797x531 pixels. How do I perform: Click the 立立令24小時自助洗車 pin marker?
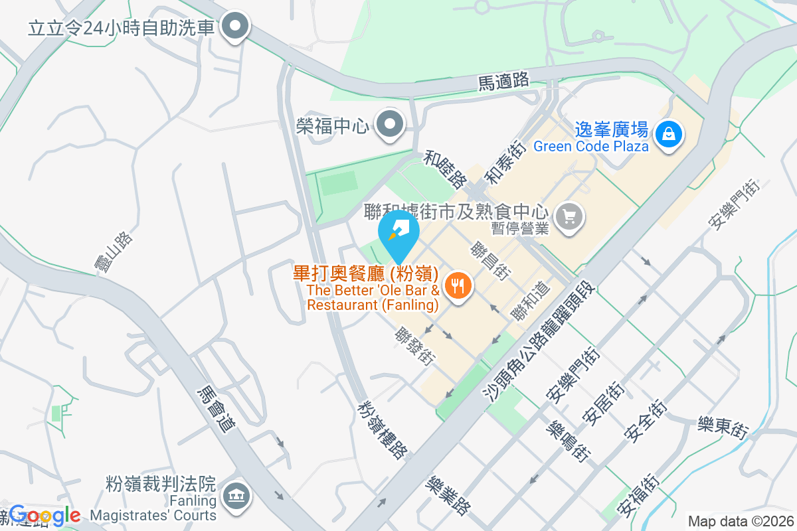(x=234, y=27)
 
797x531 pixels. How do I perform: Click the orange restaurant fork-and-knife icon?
(x=456, y=287)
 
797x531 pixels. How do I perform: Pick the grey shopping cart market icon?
(x=569, y=216)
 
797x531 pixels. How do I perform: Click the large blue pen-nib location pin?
(x=398, y=232)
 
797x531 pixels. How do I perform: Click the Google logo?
(x=44, y=515)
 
